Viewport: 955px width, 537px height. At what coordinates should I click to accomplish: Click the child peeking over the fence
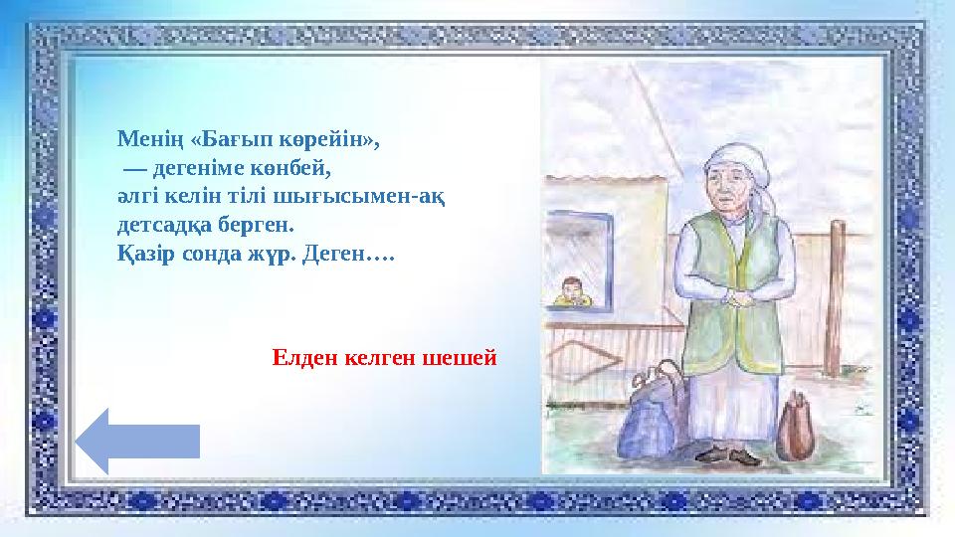(x=571, y=292)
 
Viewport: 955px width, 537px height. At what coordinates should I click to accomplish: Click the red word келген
(x=381, y=357)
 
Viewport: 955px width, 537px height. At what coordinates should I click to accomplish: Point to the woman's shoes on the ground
(x=730, y=456)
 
